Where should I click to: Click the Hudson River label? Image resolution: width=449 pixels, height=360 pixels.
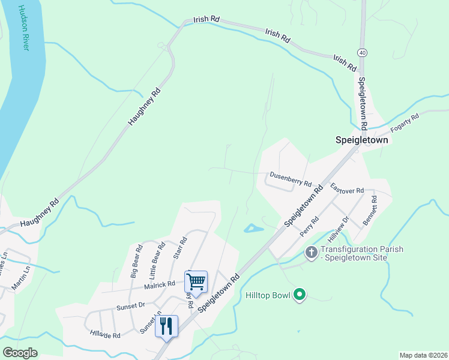pyautogui.click(x=23, y=28)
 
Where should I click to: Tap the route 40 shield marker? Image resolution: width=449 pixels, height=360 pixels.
pyautogui.click(x=361, y=52)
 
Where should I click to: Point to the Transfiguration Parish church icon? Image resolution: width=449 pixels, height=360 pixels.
pyautogui.click(x=311, y=252)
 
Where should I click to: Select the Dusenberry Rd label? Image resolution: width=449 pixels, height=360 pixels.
pyautogui.click(x=291, y=179)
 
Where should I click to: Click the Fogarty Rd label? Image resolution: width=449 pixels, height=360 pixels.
pyautogui.click(x=405, y=123)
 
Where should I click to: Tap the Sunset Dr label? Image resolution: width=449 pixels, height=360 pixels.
pyautogui.click(x=131, y=305)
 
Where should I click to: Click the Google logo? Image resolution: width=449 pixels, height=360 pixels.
pyautogui.click(x=20, y=353)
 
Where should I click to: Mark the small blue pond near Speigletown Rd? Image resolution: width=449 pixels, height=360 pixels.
pyautogui.click(x=253, y=229)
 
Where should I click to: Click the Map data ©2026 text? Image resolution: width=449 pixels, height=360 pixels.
pyautogui.click(x=423, y=355)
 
